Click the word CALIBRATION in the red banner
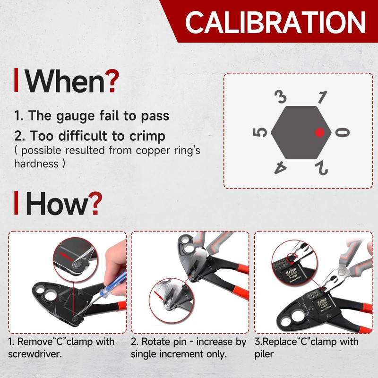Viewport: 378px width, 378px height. [275, 21]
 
